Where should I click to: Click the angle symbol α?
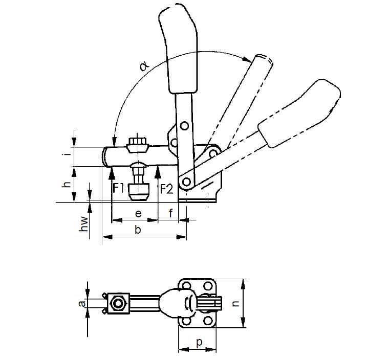coord(145,66)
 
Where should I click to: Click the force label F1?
coord(118,188)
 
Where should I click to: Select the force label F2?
coord(166,189)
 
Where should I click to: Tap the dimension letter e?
coord(138,213)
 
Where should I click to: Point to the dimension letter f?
coord(170,213)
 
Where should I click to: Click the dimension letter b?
coord(138,230)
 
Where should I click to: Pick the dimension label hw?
coord(84,224)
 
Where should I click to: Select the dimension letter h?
coord(67,184)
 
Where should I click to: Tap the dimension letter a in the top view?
coord(82,303)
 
